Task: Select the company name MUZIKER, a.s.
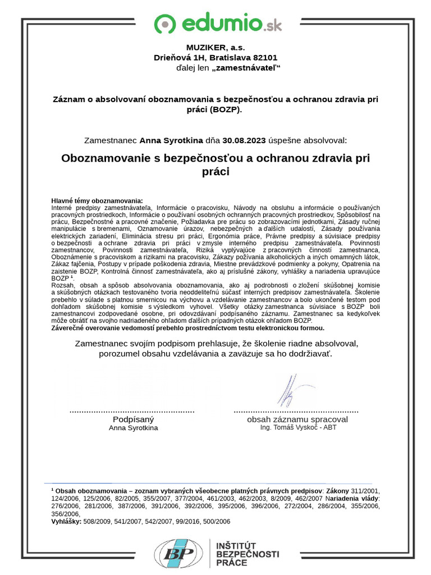(x=215, y=48)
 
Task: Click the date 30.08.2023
(x=244, y=140)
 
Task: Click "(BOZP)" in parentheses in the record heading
(x=225, y=109)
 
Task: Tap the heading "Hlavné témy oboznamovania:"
(x=97, y=200)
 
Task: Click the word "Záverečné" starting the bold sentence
(x=69, y=327)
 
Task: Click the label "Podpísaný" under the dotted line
(x=133, y=419)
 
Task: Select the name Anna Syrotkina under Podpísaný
(x=133, y=428)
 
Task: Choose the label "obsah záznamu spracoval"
(x=297, y=419)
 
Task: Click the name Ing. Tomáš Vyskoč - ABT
(x=299, y=427)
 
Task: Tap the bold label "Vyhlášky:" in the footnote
(x=66, y=521)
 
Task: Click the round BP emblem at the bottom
(x=175, y=553)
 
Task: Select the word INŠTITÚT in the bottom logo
(x=236, y=545)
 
